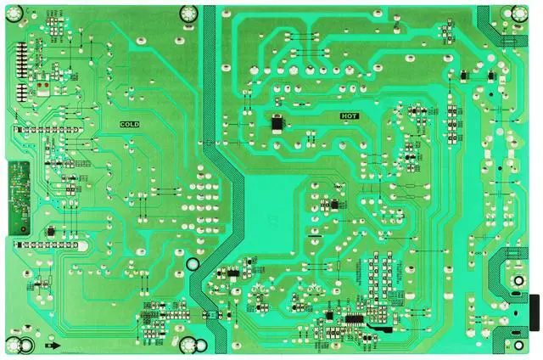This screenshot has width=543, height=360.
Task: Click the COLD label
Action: pos(129,124)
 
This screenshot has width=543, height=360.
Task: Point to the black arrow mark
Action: pos(53,346)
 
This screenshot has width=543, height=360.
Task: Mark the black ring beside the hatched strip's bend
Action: pos(193,264)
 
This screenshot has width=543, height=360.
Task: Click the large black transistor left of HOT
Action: pos(277,123)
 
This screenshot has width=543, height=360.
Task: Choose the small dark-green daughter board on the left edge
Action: pos(17,194)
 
